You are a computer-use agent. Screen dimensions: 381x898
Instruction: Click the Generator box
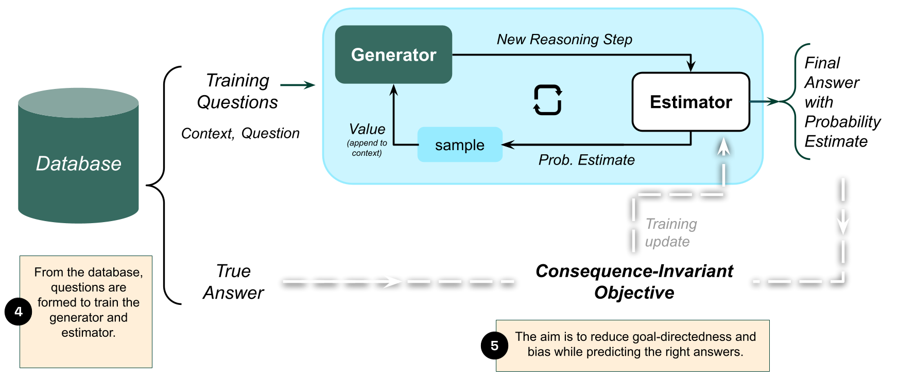(393, 55)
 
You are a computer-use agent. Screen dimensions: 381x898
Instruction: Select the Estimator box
(690, 102)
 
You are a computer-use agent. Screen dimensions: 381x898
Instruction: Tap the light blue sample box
(459, 145)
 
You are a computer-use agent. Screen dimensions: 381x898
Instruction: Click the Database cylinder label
(79, 164)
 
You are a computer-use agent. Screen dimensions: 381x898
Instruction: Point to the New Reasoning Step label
(564, 40)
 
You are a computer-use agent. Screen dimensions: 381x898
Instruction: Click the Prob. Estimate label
(586, 160)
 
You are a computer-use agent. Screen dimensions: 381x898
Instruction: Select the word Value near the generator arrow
(367, 129)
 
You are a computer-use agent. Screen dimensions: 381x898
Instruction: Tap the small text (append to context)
(367, 148)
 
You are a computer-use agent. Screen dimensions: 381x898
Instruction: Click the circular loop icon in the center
(547, 100)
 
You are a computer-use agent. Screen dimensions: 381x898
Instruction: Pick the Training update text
(670, 232)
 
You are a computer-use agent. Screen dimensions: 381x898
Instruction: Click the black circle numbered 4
(19, 312)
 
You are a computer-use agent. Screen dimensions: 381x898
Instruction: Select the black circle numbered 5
(495, 346)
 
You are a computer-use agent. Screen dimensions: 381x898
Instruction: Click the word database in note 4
(119, 273)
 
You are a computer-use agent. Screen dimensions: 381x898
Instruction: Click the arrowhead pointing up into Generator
(394, 90)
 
